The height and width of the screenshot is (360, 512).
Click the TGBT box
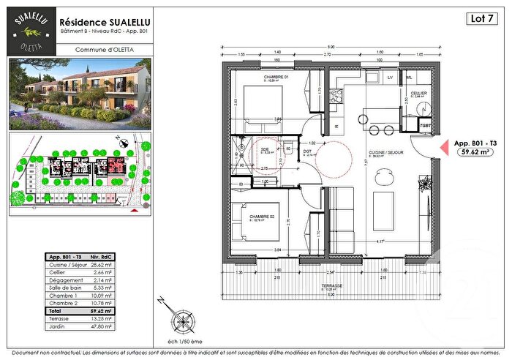pyautogui.click(x=426, y=125)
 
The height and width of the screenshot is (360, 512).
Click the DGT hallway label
pyautogui.click(x=308, y=152)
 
